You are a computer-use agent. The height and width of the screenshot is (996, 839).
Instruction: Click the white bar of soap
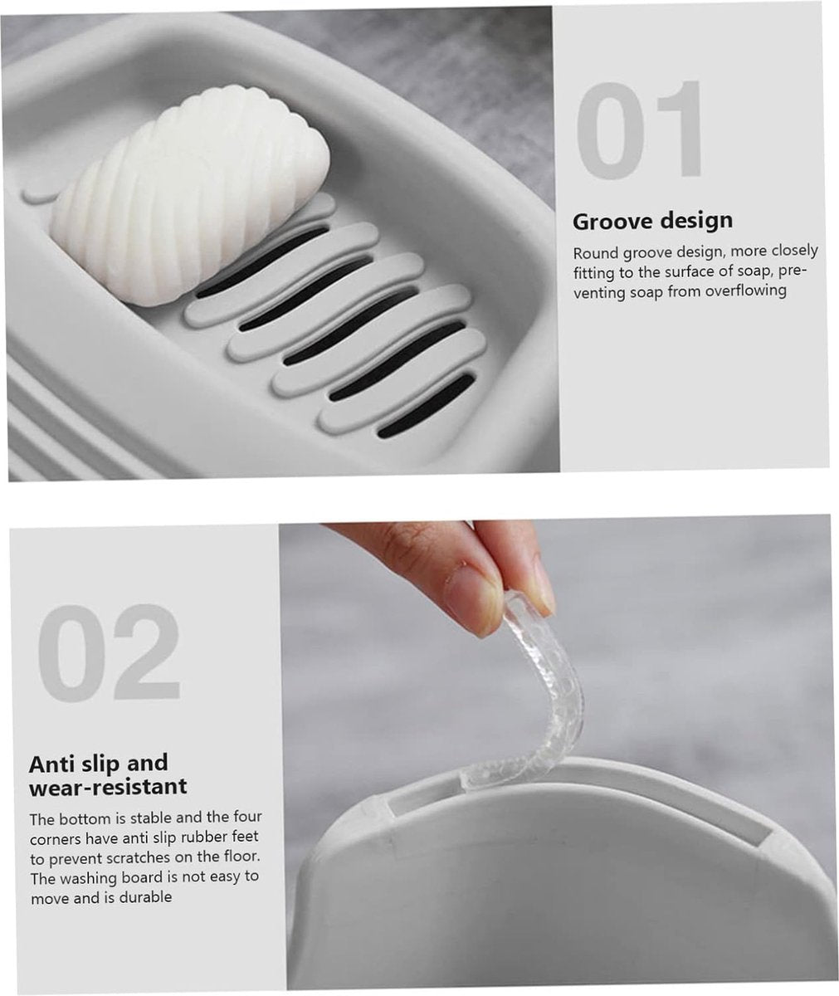191,196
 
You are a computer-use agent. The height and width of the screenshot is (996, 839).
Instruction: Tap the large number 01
639,129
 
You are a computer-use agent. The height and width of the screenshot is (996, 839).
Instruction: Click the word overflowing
745,290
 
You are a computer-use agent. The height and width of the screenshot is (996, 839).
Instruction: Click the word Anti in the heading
51,764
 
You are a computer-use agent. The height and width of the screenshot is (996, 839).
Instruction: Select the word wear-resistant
108,787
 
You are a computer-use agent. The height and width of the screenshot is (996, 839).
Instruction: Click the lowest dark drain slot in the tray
426,406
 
